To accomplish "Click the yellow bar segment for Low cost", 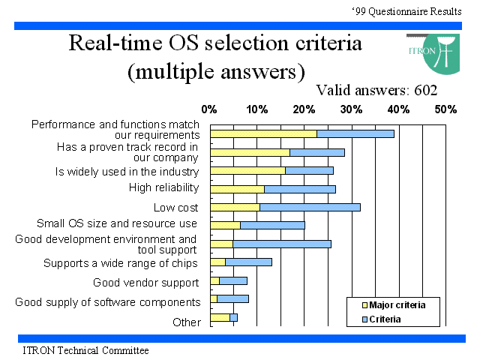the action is point(235,207).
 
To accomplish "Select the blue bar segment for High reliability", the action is point(300,189).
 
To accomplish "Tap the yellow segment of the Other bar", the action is point(220,317).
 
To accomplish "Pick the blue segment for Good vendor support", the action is point(233,280).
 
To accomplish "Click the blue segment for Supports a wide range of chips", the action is point(248,262).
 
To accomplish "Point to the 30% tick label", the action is point(351,109).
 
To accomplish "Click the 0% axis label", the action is point(209,109).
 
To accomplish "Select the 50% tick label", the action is point(445,109).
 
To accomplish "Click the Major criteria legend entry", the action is point(394,305).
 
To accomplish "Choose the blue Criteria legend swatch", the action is point(364,319).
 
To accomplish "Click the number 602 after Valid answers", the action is point(425,90).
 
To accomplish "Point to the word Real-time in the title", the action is point(115,43).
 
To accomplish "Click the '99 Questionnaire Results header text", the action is point(406,11).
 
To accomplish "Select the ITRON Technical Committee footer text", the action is point(85,350).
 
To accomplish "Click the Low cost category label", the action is point(176,208).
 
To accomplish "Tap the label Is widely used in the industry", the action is point(127,172).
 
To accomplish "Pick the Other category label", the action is point(187,322).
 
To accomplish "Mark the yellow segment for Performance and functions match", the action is point(263,133).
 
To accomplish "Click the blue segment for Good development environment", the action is point(282,244).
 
